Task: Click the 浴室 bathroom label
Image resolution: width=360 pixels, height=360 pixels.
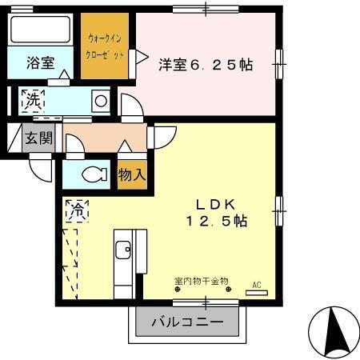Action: coord(40,62)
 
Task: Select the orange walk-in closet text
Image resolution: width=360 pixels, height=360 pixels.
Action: coord(105,46)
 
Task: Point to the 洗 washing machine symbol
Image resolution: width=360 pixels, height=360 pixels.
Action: coord(31,101)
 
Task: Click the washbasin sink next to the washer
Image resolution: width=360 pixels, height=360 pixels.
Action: coord(101,101)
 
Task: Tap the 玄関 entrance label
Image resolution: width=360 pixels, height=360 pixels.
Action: coord(38,138)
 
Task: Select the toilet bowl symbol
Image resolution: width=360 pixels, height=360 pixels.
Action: coord(94,174)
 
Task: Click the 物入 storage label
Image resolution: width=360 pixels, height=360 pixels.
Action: coord(131,174)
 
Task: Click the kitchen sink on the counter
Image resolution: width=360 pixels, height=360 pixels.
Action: coord(124,250)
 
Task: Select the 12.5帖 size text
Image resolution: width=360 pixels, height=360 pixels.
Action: coord(217,222)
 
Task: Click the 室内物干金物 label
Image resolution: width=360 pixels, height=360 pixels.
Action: coord(201,281)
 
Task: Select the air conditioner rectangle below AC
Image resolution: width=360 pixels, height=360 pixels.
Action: coord(257,294)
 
